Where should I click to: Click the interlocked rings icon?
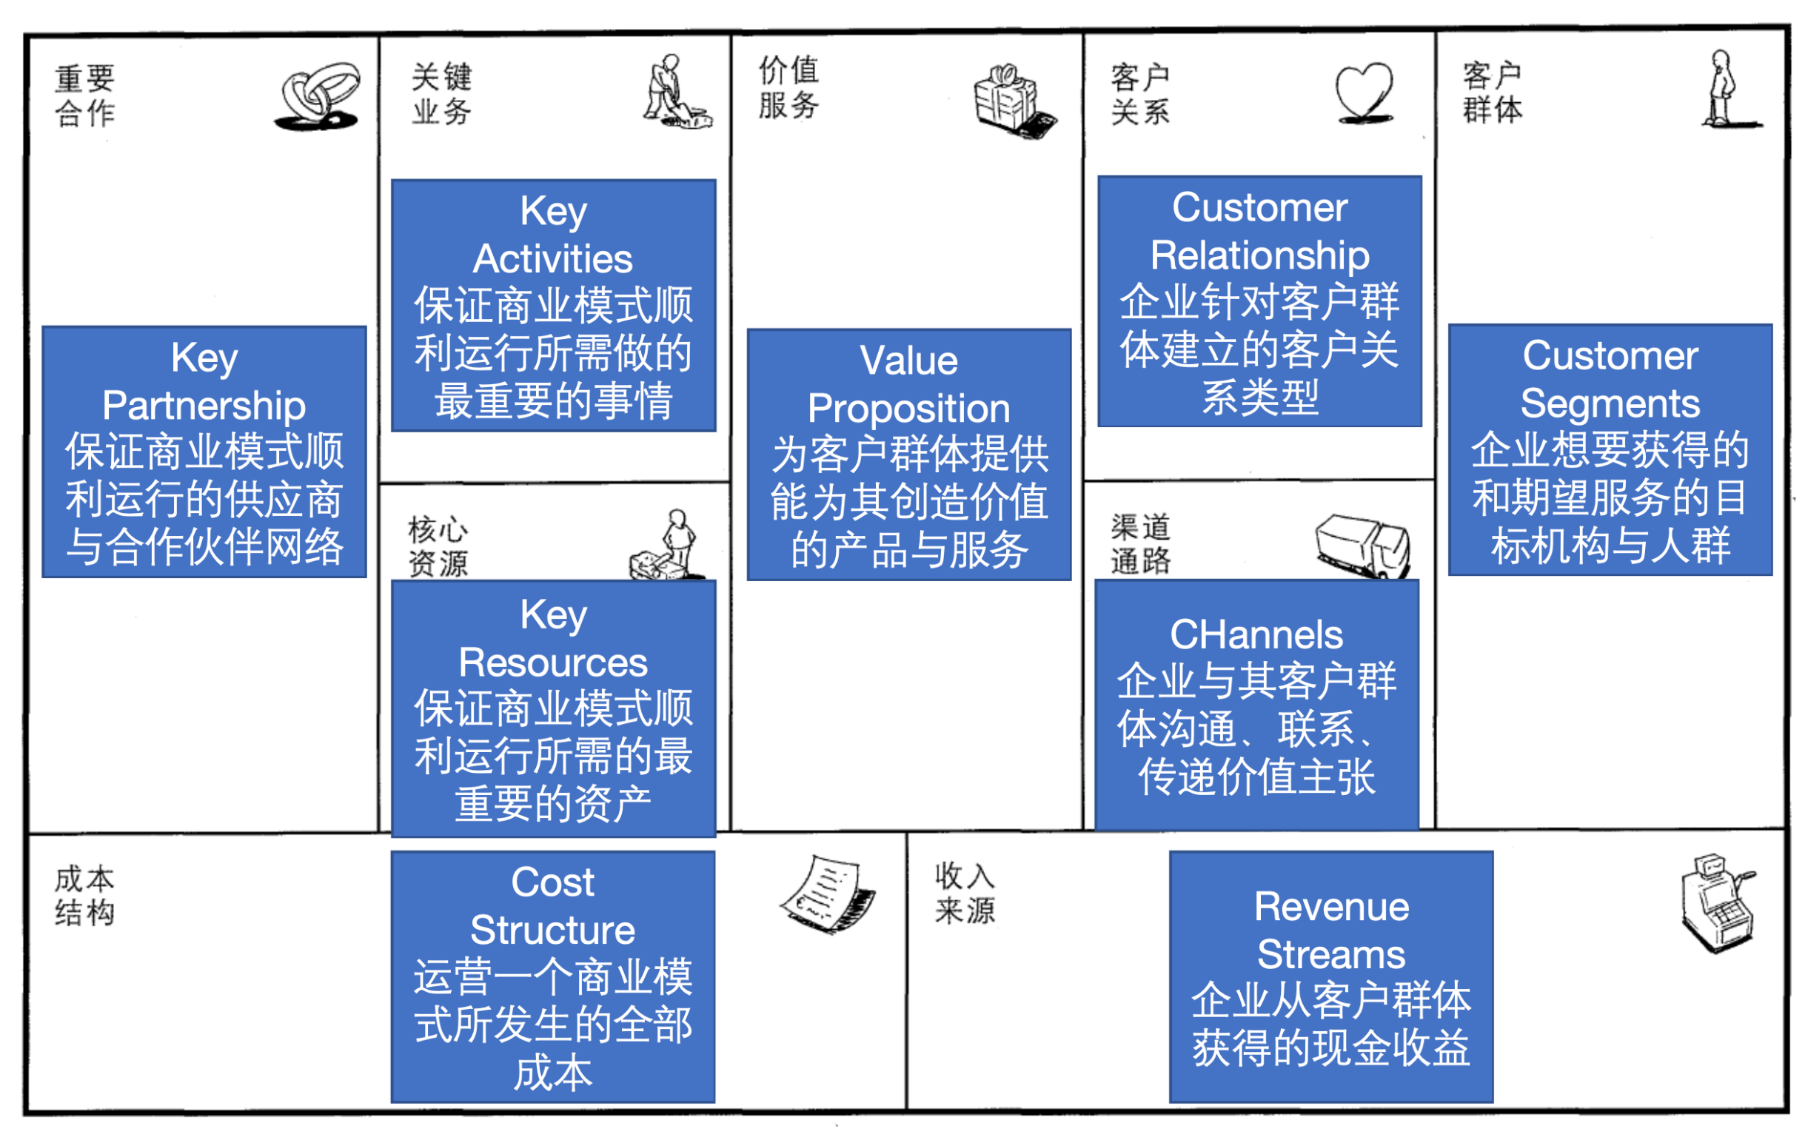pos(318,97)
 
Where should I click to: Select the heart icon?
pos(1365,94)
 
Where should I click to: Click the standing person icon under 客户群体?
pos(1723,90)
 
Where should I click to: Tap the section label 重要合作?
pos(85,96)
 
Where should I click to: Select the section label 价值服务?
pos(789,88)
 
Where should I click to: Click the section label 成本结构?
pos(85,895)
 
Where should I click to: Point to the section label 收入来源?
pos(965,893)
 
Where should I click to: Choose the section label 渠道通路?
pos(1140,544)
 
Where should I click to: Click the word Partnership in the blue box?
pos(204,406)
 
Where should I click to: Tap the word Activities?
pos(553,260)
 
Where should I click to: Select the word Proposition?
pos(908,409)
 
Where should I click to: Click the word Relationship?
pos(1260,256)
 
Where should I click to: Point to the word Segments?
pos(1610,403)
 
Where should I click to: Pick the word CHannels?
pos(1256,635)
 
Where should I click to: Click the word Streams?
pos(1330,955)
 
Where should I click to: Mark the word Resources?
pos(553,663)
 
